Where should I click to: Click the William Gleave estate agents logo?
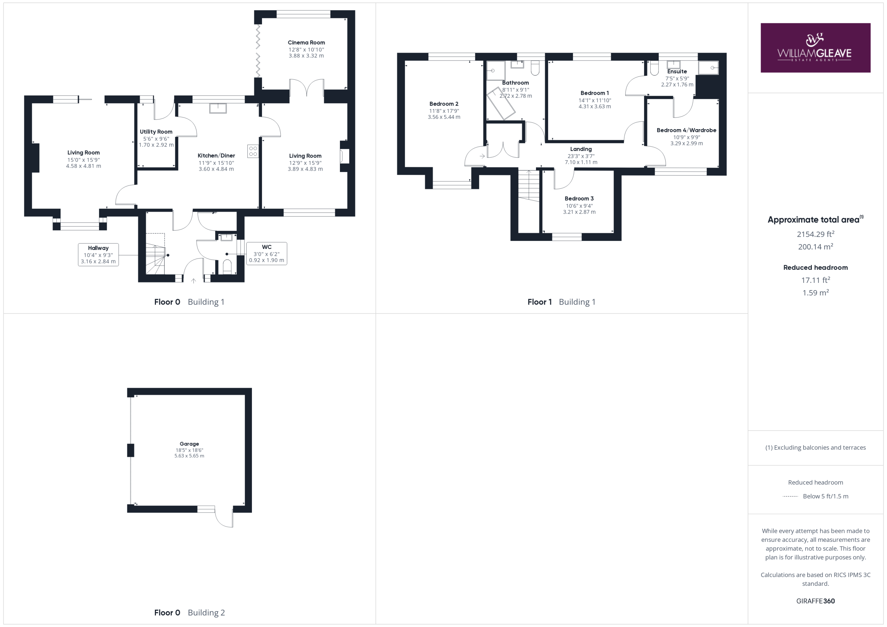point(815,48)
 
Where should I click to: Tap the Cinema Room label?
point(306,43)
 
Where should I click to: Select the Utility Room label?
point(156,132)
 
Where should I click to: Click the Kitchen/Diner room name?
point(216,155)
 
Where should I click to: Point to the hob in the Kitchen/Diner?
point(253,151)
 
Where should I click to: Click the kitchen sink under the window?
point(218,108)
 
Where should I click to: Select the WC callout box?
point(266,254)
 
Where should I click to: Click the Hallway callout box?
point(98,255)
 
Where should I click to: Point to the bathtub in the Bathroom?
point(501,104)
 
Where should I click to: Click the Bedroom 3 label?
point(579,198)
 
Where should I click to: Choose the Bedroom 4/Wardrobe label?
point(686,130)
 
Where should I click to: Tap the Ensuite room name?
point(677,71)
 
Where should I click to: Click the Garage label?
point(189,444)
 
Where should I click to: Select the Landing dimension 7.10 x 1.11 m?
point(581,162)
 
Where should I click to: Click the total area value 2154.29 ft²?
point(816,234)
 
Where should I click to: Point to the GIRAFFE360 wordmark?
point(816,601)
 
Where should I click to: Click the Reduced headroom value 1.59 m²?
point(816,293)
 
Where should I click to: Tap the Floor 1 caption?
point(540,302)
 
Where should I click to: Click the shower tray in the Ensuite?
point(709,68)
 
